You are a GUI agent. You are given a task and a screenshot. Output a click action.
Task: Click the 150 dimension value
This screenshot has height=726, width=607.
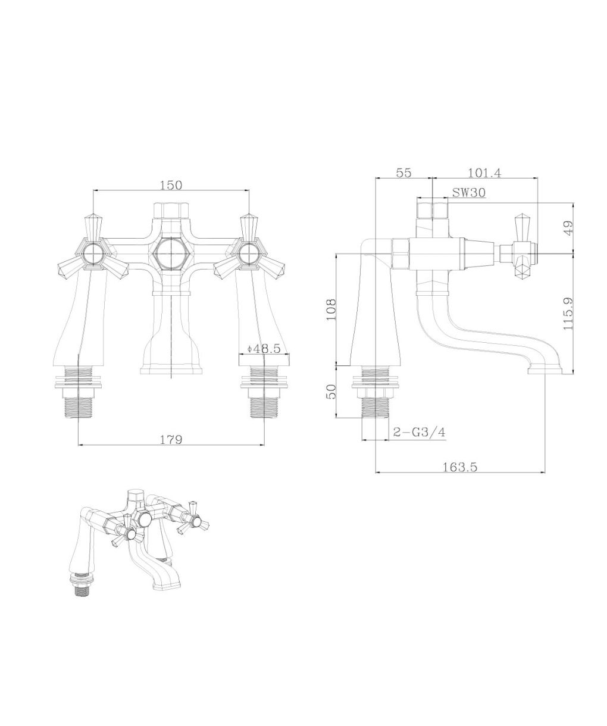click(x=171, y=185)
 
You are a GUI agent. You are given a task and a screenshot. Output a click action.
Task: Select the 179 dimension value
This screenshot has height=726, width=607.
click(x=171, y=440)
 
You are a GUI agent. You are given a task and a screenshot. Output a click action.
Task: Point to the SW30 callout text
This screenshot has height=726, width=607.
click(x=468, y=192)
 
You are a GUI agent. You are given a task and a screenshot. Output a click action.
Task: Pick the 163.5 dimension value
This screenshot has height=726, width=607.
click(x=460, y=467)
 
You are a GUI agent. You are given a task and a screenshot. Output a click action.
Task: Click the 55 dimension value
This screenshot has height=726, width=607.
click(x=403, y=173)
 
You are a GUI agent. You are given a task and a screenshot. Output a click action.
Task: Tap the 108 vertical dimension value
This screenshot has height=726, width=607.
click(x=331, y=309)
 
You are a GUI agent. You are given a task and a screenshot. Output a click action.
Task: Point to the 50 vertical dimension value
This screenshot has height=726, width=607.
click(x=331, y=392)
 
